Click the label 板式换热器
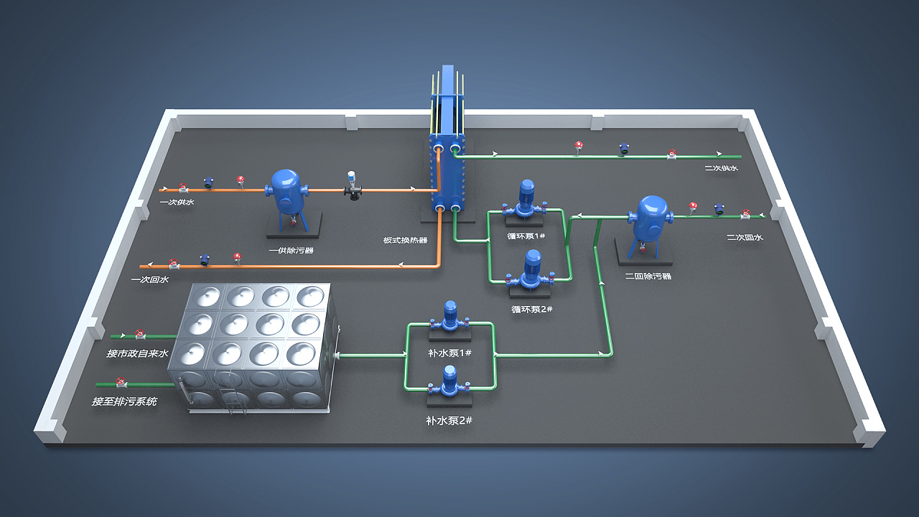click(405, 241)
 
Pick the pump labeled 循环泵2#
click(532, 271)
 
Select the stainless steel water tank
click(251, 345)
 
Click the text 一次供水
click(177, 202)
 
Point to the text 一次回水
click(150, 280)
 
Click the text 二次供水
click(721, 168)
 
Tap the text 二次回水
click(745, 238)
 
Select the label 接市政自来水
click(137, 353)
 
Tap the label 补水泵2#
click(449, 420)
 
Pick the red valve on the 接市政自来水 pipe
click(141, 334)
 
